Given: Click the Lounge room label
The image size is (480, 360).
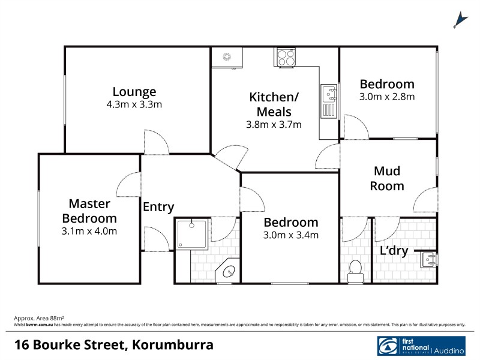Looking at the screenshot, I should (134, 92).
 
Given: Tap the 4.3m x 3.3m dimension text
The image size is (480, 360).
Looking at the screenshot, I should (134, 104).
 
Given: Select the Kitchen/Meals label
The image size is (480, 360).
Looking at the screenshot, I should (274, 104).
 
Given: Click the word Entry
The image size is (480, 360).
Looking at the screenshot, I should (158, 207).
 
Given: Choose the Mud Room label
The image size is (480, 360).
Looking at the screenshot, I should (386, 178).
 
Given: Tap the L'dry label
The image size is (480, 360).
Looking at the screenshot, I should (394, 251).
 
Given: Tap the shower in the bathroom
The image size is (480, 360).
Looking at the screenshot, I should (191, 234).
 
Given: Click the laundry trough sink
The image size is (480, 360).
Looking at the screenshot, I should (428, 259).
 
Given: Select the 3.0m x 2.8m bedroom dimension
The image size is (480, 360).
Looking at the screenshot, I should (386, 96).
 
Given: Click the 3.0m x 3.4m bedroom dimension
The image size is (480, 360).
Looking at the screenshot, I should (292, 235).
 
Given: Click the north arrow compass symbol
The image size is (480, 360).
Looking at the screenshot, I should (460, 20).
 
